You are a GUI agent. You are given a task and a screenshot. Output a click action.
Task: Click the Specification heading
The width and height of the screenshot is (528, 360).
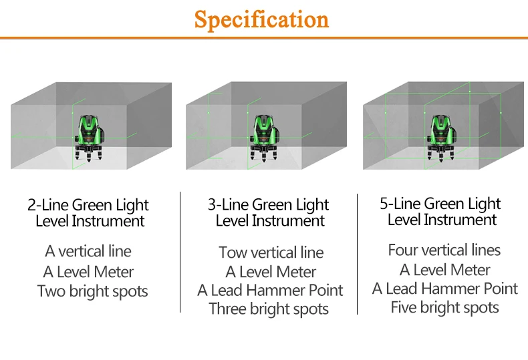coord(261,20)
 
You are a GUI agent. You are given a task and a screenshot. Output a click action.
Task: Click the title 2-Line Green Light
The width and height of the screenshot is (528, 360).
coord(88,205)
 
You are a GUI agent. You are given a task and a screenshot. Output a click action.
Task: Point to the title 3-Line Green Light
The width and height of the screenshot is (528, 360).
coord(269,205)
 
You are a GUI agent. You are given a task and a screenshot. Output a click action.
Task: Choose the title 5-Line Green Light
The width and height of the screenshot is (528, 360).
coord(440,204)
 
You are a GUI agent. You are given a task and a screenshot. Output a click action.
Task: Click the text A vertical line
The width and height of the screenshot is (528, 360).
coord(88,252)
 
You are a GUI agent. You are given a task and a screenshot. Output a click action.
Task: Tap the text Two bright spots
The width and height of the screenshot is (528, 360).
coord(92,292)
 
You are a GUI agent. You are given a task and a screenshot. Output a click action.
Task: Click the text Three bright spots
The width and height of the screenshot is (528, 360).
coord(269,309)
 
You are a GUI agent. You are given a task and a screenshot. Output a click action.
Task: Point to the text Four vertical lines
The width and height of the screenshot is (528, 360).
coord(444,250)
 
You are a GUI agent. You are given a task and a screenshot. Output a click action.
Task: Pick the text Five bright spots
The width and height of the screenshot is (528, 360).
coord(445,308)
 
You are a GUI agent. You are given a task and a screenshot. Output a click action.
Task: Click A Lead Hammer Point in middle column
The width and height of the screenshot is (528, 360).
coord(270,291)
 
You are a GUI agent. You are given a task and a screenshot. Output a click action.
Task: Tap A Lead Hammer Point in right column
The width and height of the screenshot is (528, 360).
coord(445,289)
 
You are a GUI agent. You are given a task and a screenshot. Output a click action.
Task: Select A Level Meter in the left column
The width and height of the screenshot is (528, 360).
coord(88,272)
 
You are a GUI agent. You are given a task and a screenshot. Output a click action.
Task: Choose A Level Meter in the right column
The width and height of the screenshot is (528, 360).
coord(445,270)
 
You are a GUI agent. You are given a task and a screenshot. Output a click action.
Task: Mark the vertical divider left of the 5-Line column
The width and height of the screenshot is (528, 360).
coord(357,254)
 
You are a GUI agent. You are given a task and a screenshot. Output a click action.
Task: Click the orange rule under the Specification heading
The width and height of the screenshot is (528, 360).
coord(264,38)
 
